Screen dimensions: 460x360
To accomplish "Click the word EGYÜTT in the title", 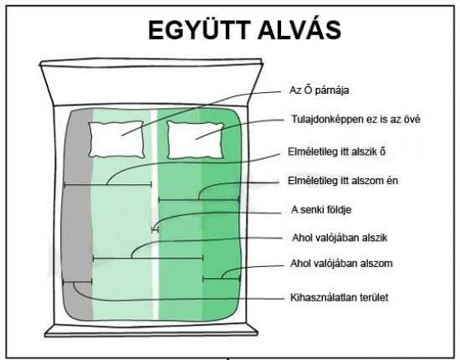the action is pos(199,29).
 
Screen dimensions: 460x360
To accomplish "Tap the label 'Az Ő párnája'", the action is pos(319,90).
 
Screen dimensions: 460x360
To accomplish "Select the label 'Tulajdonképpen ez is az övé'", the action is pos(355,119).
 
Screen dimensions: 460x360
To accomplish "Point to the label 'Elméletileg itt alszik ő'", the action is pos(336,152).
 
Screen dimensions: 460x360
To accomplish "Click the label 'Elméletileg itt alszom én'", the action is pos(343,180).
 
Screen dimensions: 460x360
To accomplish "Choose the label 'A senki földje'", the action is pos(321,209).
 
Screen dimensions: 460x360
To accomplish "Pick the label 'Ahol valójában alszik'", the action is pos(340,237).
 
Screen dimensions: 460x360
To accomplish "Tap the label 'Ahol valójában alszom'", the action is pos(341,263).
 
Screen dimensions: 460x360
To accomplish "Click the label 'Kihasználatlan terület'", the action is pos(339,297).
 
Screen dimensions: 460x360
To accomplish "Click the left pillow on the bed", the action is pos(116,140).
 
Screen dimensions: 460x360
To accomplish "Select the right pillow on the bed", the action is pos(195,140).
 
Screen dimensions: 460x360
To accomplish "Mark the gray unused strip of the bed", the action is pos(78,214).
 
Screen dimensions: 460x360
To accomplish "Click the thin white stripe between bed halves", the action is pos(155,214).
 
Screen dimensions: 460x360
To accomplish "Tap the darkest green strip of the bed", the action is pos(222,214).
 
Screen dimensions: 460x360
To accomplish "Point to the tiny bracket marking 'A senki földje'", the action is pos(155,230).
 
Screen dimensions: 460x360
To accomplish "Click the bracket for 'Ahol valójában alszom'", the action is pos(222,278).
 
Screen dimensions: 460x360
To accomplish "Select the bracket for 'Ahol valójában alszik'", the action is pos(148,259).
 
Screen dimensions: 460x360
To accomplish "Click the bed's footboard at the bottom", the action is pos(151,331).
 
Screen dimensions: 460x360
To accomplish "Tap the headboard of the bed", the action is pos(151,82).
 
